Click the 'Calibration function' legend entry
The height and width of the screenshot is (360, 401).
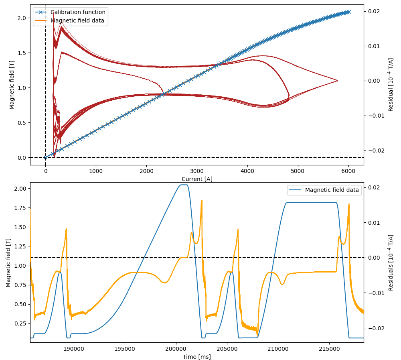80,12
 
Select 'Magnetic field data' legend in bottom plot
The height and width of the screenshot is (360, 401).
332,190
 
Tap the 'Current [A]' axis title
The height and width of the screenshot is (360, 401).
196,179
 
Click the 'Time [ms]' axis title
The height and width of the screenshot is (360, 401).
196,357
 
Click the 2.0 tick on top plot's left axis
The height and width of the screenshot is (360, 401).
22,18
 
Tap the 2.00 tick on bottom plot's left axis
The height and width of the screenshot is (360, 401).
20,189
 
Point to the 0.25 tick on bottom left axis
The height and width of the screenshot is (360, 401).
20,323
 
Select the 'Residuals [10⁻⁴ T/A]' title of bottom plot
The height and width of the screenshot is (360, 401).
391,262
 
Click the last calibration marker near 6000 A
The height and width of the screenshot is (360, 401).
348,12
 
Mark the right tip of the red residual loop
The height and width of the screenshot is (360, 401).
337,81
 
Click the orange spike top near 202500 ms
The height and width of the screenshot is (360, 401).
202,200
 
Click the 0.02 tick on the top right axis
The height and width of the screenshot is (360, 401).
374,11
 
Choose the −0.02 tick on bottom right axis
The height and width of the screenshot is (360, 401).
375,328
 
